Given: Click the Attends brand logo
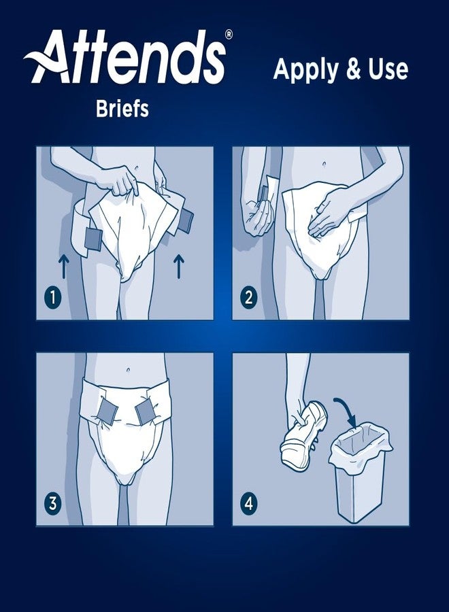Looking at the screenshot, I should [126, 58].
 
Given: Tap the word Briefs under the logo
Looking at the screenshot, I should [122, 109].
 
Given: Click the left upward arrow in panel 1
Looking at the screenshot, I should [63, 266].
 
